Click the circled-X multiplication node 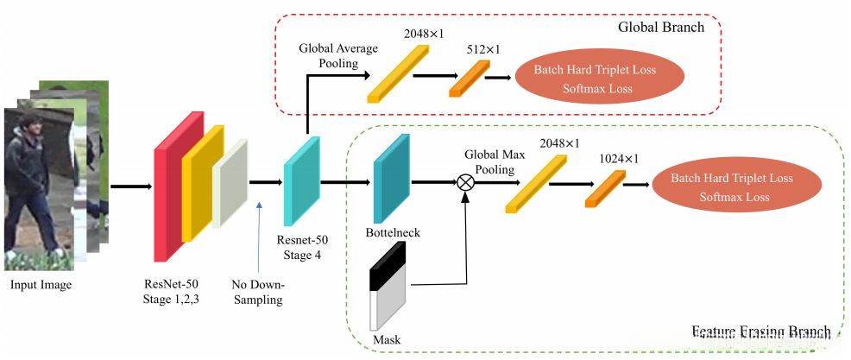coord(465,182)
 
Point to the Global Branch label coord(661,27)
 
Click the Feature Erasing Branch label coord(761,332)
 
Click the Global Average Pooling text coord(338,57)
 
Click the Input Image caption coord(41,285)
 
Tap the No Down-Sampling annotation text coord(258,292)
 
